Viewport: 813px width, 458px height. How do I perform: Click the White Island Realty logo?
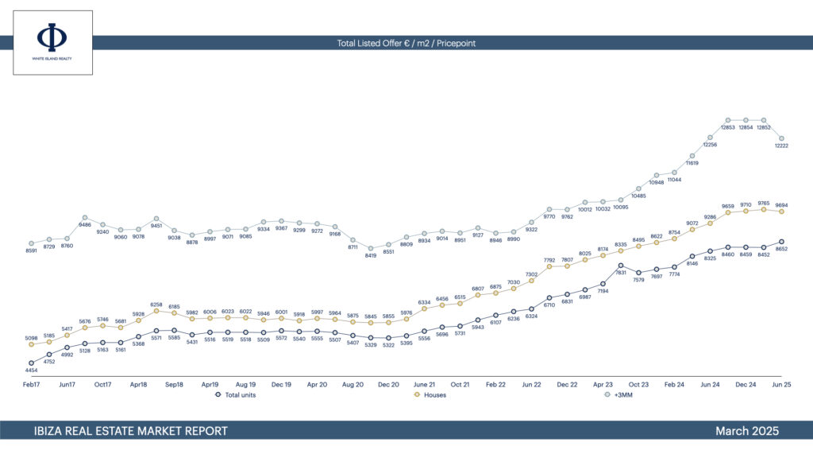52,42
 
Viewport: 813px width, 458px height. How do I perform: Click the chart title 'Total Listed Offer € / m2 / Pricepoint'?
406,43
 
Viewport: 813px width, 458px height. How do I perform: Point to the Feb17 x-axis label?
32,384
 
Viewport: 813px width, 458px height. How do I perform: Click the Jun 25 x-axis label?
782,384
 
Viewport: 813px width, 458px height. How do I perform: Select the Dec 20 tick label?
389,384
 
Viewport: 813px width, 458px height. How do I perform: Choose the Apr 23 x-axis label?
603,384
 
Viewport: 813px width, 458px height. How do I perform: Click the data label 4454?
32,371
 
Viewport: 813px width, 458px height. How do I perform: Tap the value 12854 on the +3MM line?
746,127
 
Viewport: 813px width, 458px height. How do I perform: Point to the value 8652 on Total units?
782,249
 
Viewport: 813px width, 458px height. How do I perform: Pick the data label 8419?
371,255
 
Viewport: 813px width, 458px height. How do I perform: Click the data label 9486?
85,225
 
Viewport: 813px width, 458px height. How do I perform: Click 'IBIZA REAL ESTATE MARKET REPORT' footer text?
131,431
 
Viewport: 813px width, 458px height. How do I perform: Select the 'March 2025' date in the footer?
746,431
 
